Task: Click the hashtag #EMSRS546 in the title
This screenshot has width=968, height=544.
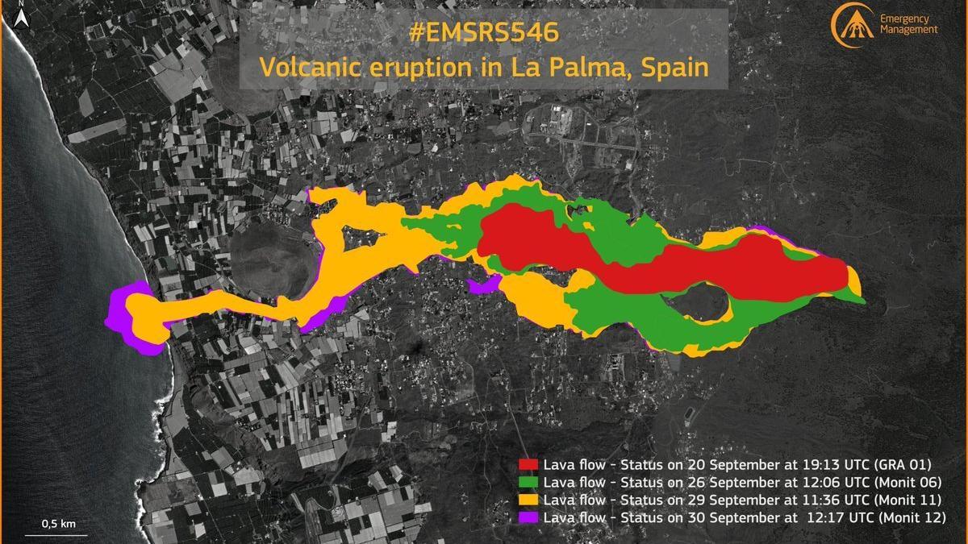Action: (x=484, y=34)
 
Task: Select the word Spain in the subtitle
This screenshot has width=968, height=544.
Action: (x=674, y=67)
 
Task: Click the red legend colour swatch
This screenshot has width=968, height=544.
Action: (x=528, y=465)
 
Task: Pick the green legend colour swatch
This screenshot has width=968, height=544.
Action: (x=528, y=483)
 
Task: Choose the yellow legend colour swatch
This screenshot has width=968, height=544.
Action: (x=528, y=500)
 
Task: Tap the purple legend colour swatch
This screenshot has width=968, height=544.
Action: (x=528, y=517)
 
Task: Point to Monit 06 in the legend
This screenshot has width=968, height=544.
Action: (x=907, y=483)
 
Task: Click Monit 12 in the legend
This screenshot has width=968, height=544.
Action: (x=913, y=517)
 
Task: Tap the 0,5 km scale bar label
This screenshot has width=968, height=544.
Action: (x=59, y=525)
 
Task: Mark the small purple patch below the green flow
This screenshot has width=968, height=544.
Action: (x=482, y=285)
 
